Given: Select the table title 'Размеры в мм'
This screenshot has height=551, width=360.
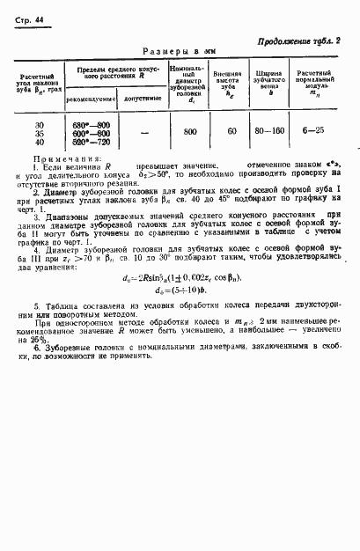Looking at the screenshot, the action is (180, 52).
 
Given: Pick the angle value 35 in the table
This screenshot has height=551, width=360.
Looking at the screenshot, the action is (39, 132).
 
